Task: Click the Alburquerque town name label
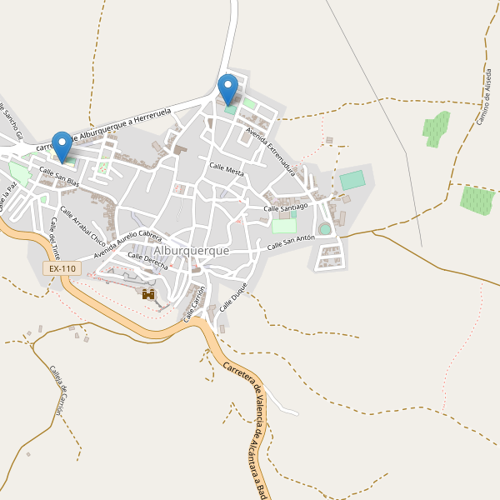(192, 250)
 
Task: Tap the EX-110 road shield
(62, 268)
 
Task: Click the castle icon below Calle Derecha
(149, 294)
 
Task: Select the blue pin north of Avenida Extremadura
(227, 89)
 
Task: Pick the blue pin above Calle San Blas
(62, 146)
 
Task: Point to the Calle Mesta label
(227, 169)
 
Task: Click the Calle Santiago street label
(286, 206)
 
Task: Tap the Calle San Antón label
(291, 242)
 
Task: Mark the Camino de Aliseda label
(483, 97)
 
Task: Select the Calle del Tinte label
(55, 238)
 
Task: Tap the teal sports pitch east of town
(352, 179)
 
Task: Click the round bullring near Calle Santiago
(325, 228)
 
